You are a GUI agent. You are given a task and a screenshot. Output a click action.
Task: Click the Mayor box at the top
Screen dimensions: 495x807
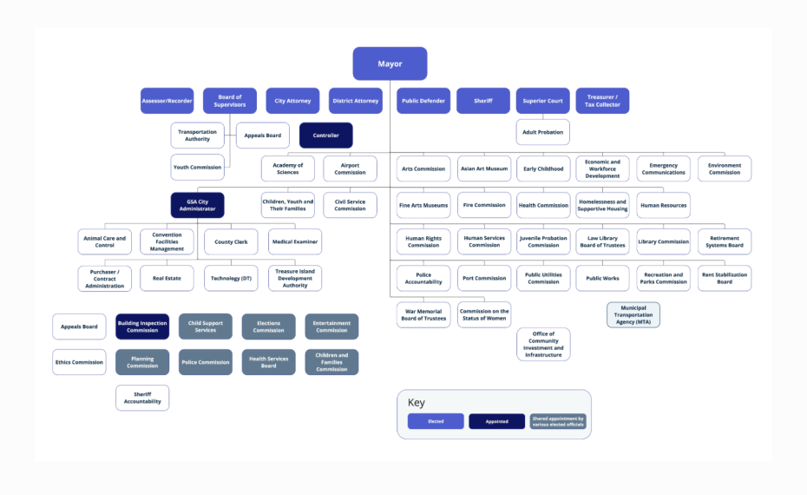click(390, 63)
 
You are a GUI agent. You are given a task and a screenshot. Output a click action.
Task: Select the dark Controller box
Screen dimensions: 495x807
click(325, 135)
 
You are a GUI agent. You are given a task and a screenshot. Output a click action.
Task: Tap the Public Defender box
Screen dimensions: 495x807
click(423, 101)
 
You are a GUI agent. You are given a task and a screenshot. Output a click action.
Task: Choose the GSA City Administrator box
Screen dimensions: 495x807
click(197, 205)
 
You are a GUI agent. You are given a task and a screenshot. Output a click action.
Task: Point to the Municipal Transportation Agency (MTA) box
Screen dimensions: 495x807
click(633, 314)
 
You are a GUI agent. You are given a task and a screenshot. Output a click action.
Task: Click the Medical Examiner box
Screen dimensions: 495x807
click(294, 241)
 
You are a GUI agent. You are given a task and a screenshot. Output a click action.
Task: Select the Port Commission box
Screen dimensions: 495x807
click(483, 278)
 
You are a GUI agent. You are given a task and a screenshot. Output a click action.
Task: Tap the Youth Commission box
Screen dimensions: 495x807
click(197, 167)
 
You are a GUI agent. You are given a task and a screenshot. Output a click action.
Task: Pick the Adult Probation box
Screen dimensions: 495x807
click(543, 132)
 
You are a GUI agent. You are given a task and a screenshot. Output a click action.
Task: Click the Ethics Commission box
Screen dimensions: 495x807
click(79, 362)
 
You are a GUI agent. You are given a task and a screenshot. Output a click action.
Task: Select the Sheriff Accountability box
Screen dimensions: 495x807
click(142, 398)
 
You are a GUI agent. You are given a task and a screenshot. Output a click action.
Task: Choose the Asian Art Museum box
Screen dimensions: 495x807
click(483, 168)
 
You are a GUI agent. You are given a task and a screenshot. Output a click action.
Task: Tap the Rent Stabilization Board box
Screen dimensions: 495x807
click(724, 278)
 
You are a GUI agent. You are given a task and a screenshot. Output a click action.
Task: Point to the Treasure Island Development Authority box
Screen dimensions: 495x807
click(294, 278)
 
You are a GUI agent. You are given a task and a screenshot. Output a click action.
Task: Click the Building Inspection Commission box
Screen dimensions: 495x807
click(142, 327)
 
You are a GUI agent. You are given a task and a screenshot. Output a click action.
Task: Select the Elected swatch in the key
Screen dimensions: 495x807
click(436, 421)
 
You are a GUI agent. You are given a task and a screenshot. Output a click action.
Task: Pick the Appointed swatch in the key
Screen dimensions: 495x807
click(496, 421)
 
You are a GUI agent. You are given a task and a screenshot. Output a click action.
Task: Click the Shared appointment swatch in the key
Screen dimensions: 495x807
click(558, 421)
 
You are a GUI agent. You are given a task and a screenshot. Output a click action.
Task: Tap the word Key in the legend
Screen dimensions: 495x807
click(417, 402)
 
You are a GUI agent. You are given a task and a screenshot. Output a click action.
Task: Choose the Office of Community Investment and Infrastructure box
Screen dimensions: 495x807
click(543, 344)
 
